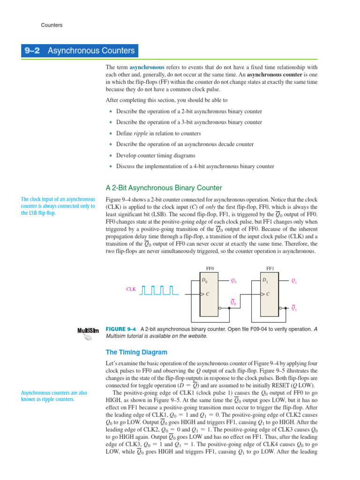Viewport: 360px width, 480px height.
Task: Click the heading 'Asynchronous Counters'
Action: point(91,51)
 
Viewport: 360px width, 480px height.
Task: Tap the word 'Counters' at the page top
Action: point(52,25)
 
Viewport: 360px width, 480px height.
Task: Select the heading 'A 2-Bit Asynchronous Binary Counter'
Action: point(164,188)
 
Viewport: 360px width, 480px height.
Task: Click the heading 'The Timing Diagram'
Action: point(136,352)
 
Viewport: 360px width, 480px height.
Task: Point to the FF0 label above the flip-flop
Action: point(210,269)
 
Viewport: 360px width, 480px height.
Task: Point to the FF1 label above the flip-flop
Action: point(270,269)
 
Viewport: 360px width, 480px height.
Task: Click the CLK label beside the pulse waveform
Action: point(131,289)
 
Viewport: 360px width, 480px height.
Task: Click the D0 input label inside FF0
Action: point(204,281)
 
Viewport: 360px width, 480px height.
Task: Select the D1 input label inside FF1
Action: point(265,281)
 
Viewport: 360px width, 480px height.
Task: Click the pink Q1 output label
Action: point(294,281)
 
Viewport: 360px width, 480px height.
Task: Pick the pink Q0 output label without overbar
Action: point(233,281)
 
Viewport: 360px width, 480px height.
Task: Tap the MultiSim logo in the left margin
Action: point(88,333)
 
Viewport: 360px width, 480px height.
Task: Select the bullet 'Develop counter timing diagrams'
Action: point(156,155)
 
